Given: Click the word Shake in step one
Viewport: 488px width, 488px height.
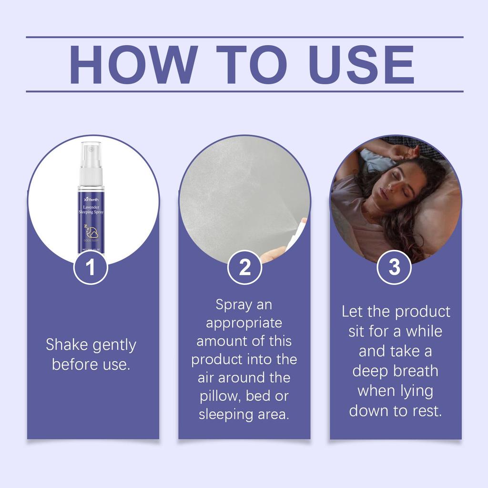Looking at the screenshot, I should coord(67,345).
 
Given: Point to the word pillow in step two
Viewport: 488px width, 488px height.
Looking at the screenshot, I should coord(221,396).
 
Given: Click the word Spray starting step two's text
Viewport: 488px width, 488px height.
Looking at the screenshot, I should coord(233,304).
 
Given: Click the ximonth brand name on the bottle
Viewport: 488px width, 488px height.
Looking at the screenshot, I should coord(91,199).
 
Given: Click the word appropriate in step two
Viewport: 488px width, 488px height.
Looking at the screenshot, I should coord(244,323).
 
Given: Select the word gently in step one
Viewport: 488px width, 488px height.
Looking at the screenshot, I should coord(114,345).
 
